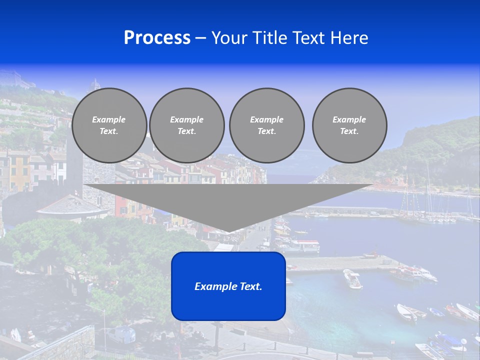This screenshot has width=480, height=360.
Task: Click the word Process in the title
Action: [x=157, y=38]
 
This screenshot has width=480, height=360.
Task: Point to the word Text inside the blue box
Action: [x=250, y=286]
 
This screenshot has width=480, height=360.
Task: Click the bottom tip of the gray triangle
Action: [x=228, y=231]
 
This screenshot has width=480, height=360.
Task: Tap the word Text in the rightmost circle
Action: [x=349, y=131]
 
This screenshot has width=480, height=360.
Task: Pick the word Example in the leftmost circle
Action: [x=109, y=119]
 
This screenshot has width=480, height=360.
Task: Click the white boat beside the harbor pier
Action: [x=352, y=278]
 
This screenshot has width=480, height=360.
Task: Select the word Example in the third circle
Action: [x=266, y=119]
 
